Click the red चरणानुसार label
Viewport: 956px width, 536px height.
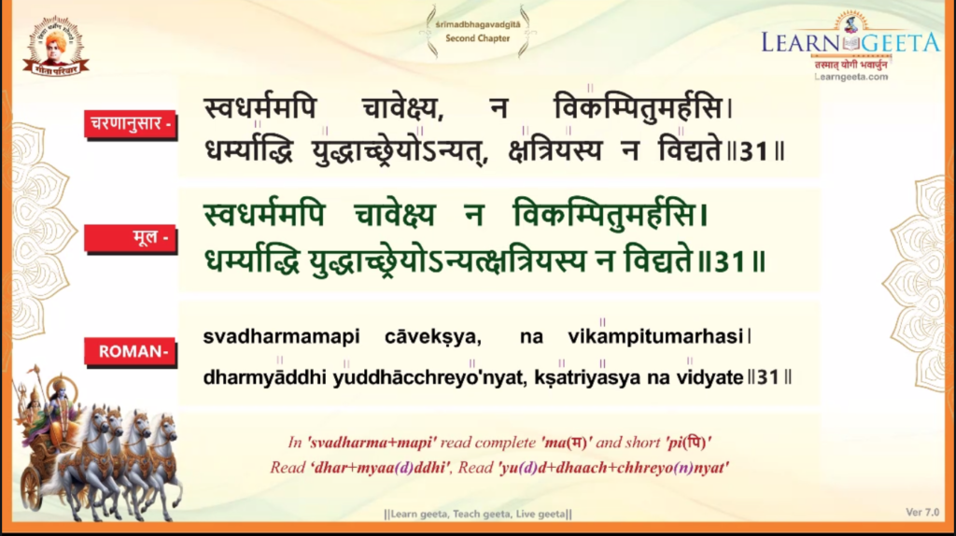(131, 124)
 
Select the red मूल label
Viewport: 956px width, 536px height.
(131, 237)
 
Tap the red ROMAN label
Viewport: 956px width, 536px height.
(130, 352)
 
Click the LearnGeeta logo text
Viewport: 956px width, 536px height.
(851, 43)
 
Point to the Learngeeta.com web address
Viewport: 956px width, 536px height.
(851, 77)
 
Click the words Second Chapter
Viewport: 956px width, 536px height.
(477, 38)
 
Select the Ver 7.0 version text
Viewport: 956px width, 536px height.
(922, 513)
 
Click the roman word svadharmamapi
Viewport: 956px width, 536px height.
(281, 336)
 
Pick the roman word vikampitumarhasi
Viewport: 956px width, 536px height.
(655, 336)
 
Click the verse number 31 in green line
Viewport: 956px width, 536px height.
(730, 262)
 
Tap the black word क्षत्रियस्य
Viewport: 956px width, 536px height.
(555, 149)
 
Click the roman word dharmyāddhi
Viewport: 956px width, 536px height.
(264, 377)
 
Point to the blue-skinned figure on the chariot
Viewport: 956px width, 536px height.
(59, 410)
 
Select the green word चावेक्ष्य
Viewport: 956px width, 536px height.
(395, 215)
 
